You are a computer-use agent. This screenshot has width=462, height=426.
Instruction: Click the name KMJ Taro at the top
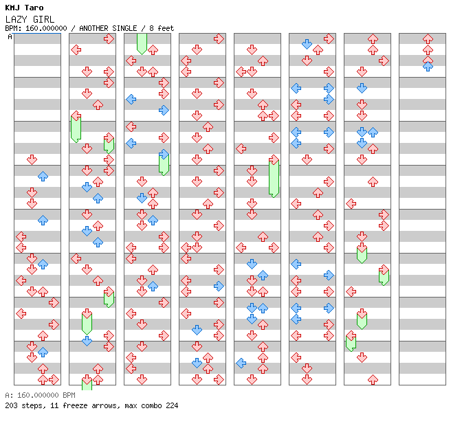pos(24,8)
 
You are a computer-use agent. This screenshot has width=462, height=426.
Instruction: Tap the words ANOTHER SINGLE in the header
pos(107,28)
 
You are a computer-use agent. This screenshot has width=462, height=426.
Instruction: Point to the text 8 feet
pos(159,28)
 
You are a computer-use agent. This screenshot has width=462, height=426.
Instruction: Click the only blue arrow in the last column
pos(428,67)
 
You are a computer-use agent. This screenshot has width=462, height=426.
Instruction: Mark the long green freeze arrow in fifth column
pos(274,177)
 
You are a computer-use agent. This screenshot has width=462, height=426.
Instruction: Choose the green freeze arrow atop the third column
pos(142,43)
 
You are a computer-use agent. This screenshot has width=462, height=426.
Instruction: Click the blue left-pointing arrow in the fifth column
pos(241,363)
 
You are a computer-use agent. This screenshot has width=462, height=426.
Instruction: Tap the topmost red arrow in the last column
pos(428,38)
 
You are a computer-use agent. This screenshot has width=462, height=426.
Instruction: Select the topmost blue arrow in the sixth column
pos(307,44)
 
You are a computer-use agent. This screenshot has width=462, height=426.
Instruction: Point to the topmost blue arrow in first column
pos(43,176)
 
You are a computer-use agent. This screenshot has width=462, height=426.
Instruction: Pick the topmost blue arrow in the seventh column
pos(362,88)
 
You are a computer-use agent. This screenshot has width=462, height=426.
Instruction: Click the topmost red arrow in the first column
pos(32,159)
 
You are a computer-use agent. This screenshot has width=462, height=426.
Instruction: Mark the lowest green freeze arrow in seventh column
pos(351,341)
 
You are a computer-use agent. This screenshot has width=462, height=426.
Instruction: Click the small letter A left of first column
pos(10,37)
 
